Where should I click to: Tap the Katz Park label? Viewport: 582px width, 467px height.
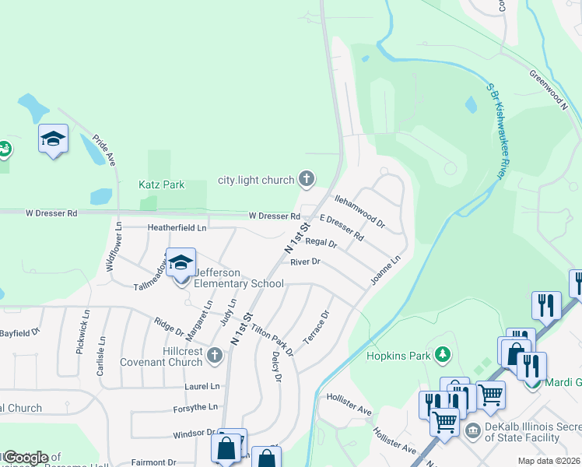[x=162, y=184]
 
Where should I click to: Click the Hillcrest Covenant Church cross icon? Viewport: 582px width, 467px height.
[x=215, y=356]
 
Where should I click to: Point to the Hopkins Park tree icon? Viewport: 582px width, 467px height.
[x=443, y=356]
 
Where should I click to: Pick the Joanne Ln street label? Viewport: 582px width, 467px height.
[x=386, y=269]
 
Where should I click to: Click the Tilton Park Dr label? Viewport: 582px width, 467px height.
[x=272, y=339]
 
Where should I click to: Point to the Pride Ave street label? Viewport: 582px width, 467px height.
[x=104, y=149]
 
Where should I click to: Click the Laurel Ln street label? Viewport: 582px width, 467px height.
[x=202, y=385]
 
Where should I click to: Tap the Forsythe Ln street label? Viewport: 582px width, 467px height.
[x=196, y=407]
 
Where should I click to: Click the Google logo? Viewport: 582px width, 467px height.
[x=25, y=457]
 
